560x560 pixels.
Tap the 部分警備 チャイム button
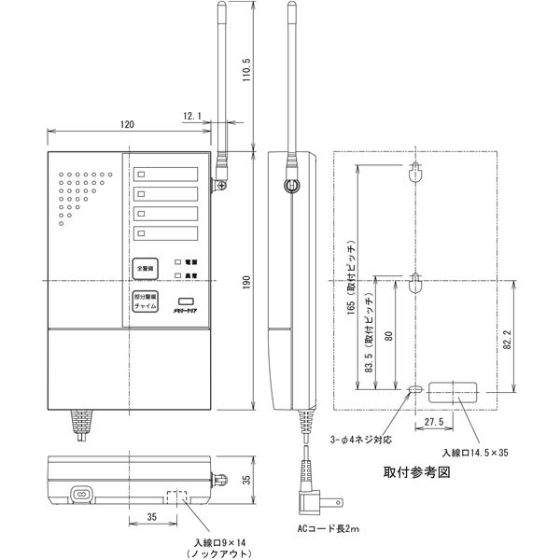pos(145,301)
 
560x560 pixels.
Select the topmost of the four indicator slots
pos(166,174)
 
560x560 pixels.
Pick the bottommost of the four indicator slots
pos(166,232)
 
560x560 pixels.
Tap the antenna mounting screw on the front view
pos(221,187)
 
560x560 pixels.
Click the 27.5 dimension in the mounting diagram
pos(432,423)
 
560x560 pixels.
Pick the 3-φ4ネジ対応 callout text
pos(367,439)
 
